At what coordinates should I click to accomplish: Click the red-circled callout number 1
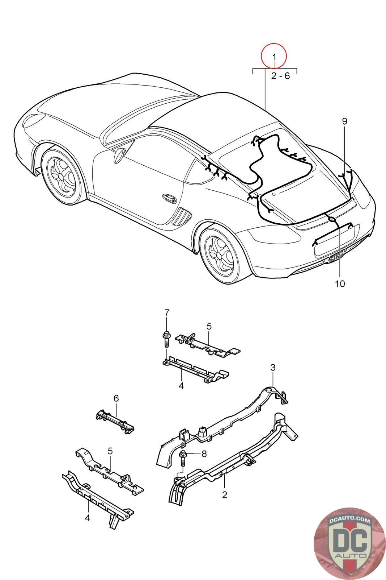[x=274, y=57]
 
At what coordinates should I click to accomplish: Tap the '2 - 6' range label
[x=280, y=76]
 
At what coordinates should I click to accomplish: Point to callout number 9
[x=344, y=121]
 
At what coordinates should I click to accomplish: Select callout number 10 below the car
[x=340, y=283]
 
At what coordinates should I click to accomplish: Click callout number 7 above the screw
[x=167, y=312]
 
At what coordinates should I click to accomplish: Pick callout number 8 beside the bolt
[x=204, y=453]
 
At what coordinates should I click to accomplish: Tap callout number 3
[x=273, y=367]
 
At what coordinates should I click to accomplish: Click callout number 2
[x=224, y=494]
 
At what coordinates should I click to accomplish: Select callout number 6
[x=116, y=398]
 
